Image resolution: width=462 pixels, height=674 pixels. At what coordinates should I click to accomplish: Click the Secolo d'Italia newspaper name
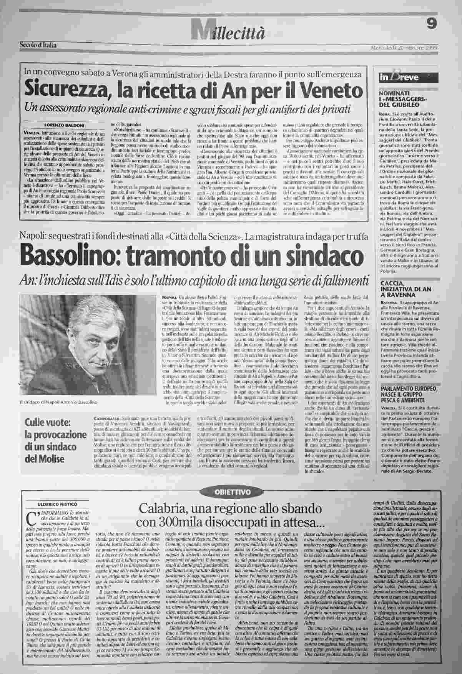[x=38, y=45]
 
